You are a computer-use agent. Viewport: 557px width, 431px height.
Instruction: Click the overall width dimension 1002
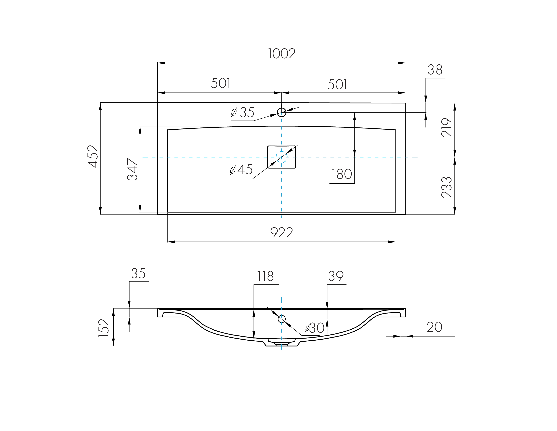(x=282, y=54)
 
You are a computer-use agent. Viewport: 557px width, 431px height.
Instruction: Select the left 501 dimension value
(x=221, y=83)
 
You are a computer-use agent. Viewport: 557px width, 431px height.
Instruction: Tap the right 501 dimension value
(x=337, y=85)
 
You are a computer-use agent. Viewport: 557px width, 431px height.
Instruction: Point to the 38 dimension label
(x=435, y=70)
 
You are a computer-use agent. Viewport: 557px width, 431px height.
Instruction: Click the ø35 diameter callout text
(x=243, y=112)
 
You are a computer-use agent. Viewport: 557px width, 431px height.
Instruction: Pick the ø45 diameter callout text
(x=241, y=170)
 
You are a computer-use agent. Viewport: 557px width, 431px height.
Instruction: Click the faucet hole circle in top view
(x=282, y=112)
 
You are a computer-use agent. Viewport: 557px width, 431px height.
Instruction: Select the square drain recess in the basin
(x=282, y=157)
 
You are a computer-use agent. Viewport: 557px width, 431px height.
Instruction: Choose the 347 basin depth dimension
(x=132, y=169)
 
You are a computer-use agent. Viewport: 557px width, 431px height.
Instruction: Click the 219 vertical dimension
(x=447, y=127)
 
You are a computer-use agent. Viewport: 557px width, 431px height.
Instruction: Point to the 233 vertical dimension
(x=447, y=187)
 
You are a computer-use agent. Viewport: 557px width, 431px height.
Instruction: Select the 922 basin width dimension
(x=282, y=233)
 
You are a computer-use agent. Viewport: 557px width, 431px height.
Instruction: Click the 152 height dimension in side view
(x=104, y=328)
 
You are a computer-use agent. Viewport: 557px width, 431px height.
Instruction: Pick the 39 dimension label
(x=336, y=276)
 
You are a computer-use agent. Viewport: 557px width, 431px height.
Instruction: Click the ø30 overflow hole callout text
(x=315, y=328)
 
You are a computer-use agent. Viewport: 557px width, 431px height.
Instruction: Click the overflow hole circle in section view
(x=282, y=319)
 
